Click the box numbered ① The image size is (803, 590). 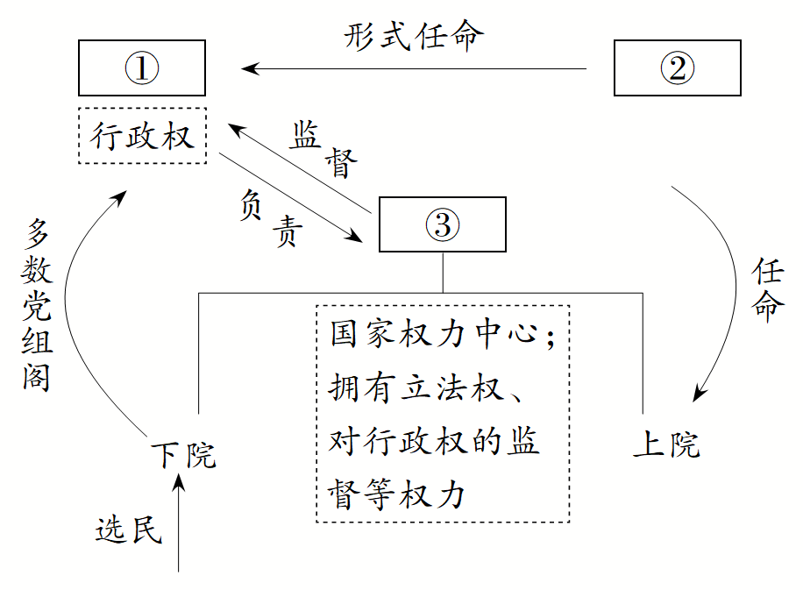[142, 68]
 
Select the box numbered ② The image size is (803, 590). [677, 68]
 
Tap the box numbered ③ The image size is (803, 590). [442, 224]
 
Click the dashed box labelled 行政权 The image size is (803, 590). [142, 136]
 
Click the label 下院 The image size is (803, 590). [182, 455]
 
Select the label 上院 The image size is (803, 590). [666, 444]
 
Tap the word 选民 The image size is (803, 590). [129, 530]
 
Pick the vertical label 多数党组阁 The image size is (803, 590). [37, 305]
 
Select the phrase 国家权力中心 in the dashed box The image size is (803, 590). [432, 335]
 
